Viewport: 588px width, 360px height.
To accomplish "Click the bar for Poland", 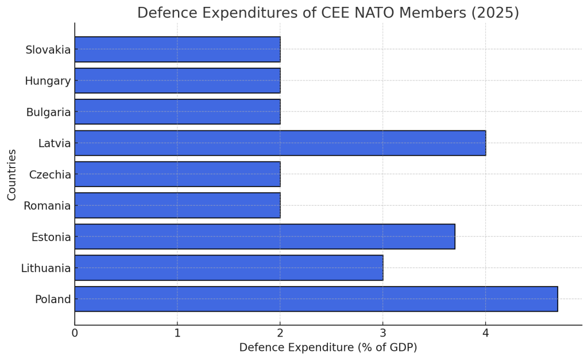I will pyautogui.click(x=316, y=299).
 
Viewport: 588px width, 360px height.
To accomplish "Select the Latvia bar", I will pyautogui.click(x=280, y=143).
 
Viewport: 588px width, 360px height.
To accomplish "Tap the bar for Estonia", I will pyautogui.click(x=265, y=237).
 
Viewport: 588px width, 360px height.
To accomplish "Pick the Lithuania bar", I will pyautogui.click(x=229, y=268).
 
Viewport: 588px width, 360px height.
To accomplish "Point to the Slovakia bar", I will pyautogui.click(x=177, y=49).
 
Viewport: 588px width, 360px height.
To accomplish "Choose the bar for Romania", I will pyautogui.click(x=177, y=206).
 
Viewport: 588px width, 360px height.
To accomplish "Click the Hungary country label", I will pyautogui.click(x=48, y=81).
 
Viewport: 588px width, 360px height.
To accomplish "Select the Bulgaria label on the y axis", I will pyautogui.click(x=48, y=112).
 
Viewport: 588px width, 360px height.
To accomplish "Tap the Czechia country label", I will pyautogui.click(x=50, y=175).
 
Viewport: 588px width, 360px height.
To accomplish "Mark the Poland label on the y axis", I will pyautogui.click(x=53, y=299).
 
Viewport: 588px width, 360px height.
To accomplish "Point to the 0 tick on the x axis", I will pyautogui.click(x=75, y=333).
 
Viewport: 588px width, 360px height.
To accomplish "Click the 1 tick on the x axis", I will pyautogui.click(x=177, y=333).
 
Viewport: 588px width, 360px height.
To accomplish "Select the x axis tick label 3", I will pyautogui.click(x=383, y=333).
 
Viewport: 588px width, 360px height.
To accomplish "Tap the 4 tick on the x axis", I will pyautogui.click(x=486, y=333).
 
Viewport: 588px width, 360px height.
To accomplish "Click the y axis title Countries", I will pyautogui.click(x=12, y=175).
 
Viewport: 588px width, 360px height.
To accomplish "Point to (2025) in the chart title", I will pyautogui.click(x=495, y=13).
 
